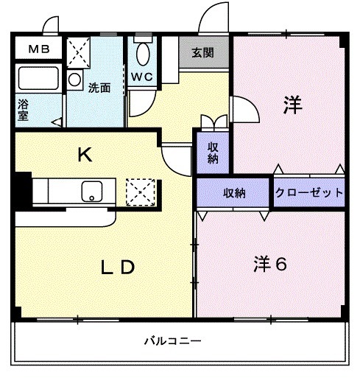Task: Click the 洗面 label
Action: (x=99, y=88)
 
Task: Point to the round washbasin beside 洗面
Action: (x=74, y=80)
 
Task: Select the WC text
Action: (x=143, y=77)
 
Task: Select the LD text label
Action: (x=118, y=268)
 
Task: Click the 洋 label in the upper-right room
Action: (x=292, y=105)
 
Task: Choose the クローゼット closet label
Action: (x=309, y=193)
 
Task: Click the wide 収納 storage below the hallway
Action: (x=234, y=193)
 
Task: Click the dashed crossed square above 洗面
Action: (x=77, y=52)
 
